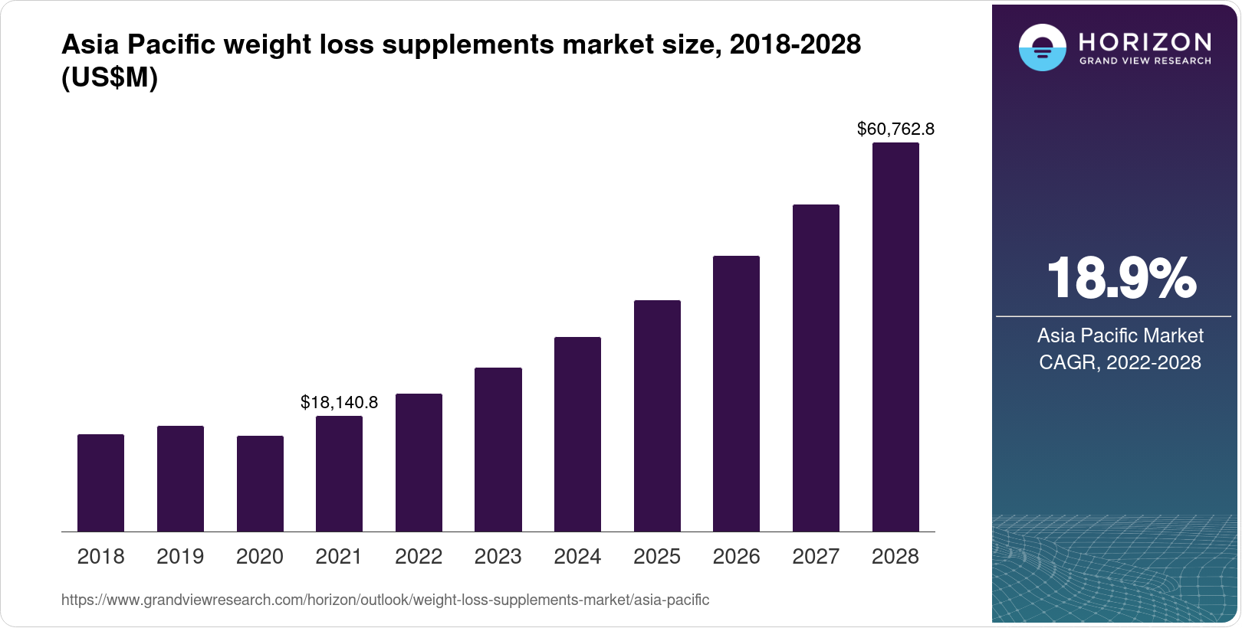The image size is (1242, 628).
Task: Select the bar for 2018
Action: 100,482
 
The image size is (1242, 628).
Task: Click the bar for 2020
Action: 260,483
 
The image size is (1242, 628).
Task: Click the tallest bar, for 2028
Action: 895,337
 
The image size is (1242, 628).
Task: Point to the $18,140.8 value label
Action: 339,402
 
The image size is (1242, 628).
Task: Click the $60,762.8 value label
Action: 895,129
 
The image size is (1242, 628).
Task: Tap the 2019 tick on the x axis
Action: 180,556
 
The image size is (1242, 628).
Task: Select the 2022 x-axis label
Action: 419,556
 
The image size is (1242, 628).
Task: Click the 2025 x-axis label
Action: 657,556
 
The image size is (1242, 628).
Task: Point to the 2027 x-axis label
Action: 816,556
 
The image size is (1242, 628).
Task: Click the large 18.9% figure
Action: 1120,278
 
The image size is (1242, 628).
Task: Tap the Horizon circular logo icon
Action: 1042,47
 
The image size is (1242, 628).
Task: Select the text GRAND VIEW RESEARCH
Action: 1145,61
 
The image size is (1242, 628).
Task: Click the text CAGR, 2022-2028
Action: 1120,362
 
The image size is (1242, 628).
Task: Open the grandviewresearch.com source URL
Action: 385,600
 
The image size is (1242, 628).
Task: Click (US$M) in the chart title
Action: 110,77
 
